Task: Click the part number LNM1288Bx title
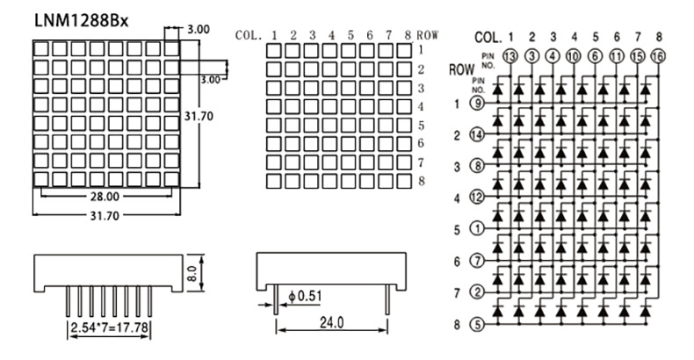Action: click(x=81, y=19)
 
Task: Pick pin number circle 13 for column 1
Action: click(x=510, y=57)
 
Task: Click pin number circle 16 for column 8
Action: click(x=658, y=57)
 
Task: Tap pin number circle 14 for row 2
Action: click(x=477, y=135)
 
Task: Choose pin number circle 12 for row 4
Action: click(x=477, y=198)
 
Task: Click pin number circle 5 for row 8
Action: click(x=477, y=323)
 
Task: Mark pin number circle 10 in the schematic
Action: click(x=574, y=57)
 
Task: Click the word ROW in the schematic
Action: click(x=462, y=69)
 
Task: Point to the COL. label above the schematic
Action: click(x=488, y=38)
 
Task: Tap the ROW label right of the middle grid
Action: click(x=428, y=35)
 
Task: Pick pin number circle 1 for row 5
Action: click(x=477, y=229)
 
